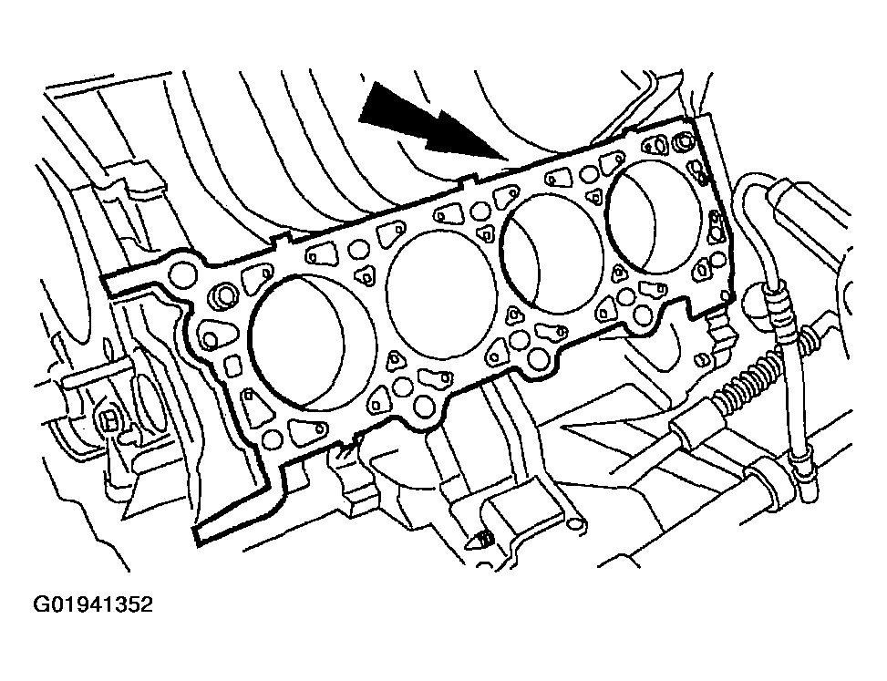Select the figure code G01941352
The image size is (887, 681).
tap(93, 604)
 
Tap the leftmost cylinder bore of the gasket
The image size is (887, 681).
tap(313, 342)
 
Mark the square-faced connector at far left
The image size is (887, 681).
tap(108, 419)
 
